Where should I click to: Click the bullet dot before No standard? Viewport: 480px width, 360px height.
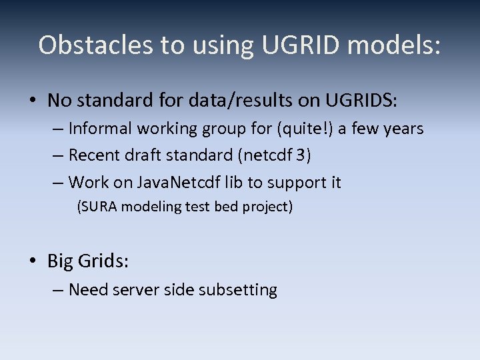click(33, 101)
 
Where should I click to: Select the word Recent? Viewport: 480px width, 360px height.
click(95, 155)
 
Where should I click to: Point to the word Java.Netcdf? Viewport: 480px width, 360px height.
click(171, 182)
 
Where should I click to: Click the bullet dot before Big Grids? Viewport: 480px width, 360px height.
click(33, 261)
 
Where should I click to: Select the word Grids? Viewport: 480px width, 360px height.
click(103, 261)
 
